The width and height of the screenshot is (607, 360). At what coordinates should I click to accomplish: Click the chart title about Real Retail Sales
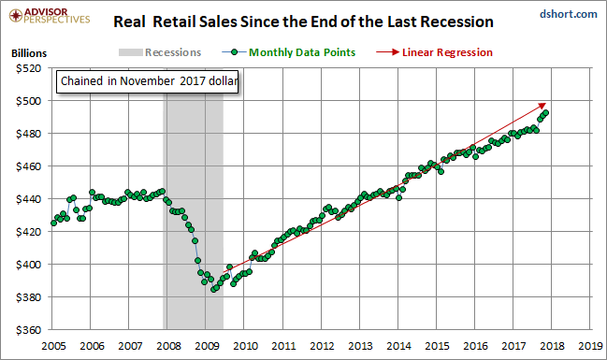pyautogui.click(x=303, y=22)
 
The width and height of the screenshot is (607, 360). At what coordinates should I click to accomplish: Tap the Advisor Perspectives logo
pyautogui.click(x=50, y=16)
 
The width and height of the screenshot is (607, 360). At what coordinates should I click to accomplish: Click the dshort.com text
pyautogui.click(x=569, y=14)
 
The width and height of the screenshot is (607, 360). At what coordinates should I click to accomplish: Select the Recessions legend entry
pyautogui.click(x=160, y=52)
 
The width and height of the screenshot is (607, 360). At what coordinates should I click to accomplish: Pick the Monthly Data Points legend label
pyautogui.click(x=302, y=52)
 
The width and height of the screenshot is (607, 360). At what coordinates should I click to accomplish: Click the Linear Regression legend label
pyautogui.click(x=447, y=52)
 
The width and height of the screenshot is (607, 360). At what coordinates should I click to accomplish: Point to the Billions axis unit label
pyautogui.click(x=29, y=53)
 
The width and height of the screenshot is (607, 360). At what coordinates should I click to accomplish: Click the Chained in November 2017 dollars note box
pyautogui.click(x=147, y=81)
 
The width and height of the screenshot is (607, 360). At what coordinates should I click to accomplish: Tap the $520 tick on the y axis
pyautogui.click(x=29, y=68)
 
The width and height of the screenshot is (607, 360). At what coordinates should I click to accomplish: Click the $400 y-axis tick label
pyautogui.click(x=29, y=265)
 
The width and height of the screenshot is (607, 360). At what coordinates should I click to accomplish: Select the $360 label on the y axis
pyautogui.click(x=29, y=330)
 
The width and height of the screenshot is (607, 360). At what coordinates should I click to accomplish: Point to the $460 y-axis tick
pyautogui.click(x=29, y=166)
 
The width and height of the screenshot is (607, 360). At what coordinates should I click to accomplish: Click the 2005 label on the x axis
pyautogui.click(x=53, y=346)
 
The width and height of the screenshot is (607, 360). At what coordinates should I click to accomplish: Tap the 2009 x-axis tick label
pyautogui.click(x=207, y=346)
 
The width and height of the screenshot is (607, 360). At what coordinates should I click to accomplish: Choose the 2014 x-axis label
pyautogui.click(x=398, y=346)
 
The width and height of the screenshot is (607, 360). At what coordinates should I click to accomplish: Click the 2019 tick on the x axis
pyautogui.click(x=590, y=346)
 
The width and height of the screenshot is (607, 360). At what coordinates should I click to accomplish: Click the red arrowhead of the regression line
pyautogui.click(x=542, y=106)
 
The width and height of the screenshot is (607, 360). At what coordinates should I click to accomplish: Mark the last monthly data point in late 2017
pyautogui.click(x=546, y=112)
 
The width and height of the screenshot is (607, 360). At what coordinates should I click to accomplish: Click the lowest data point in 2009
pyautogui.click(x=213, y=289)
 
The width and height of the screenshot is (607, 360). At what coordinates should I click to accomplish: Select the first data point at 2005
pyautogui.click(x=53, y=223)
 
